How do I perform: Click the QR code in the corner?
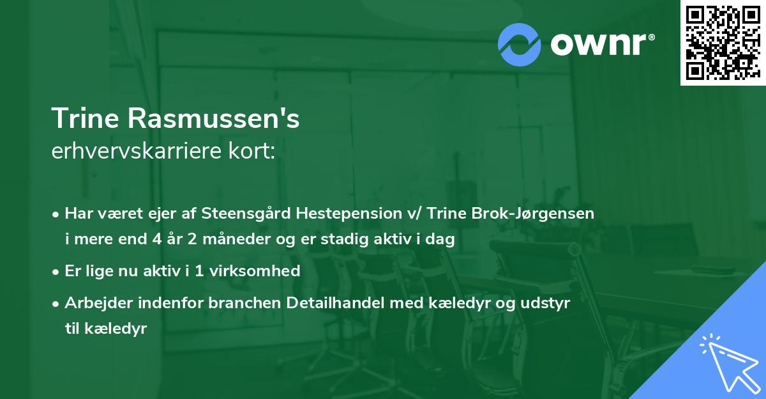pyautogui.click(x=723, y=42)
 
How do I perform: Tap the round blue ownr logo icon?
pyautogui.click(x=520, y=44)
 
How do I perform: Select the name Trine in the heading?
pyautogui.click(x=84, y=119)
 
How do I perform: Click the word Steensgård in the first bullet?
pyautogui.click(x=257, y=214)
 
